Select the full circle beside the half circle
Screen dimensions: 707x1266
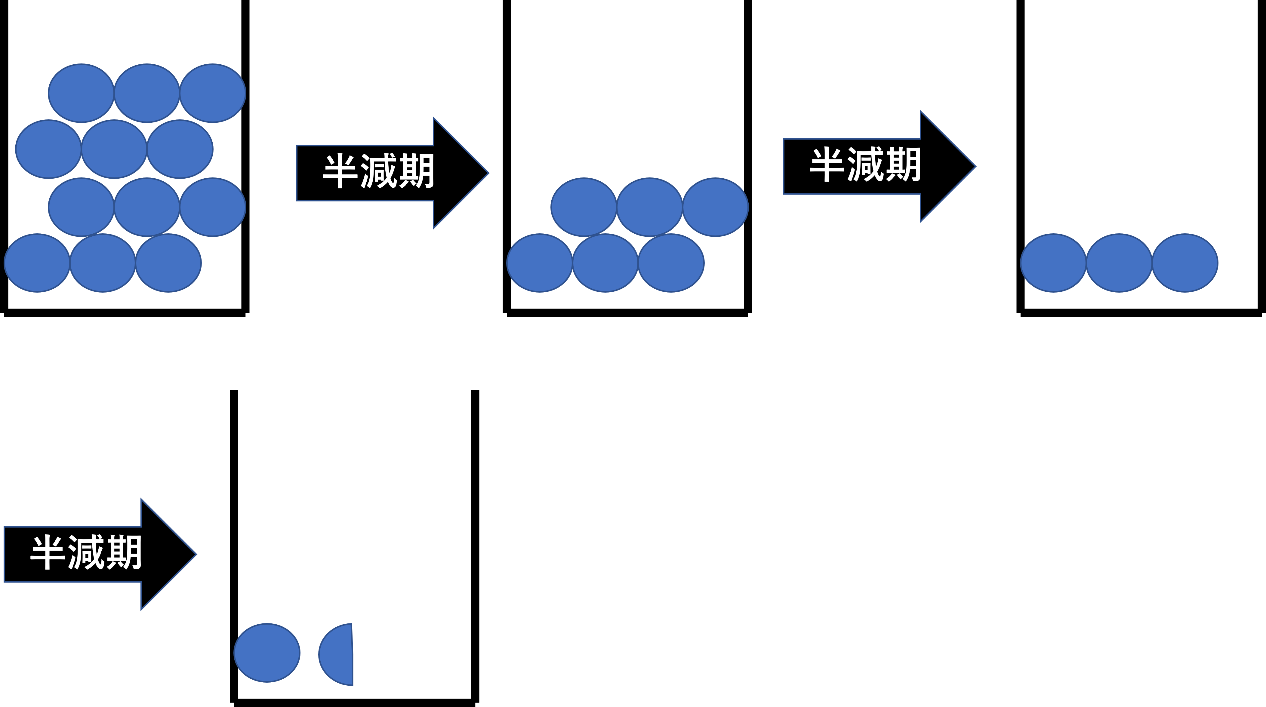(x=267, y=653)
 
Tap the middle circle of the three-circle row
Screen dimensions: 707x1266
(x=1119, y=263)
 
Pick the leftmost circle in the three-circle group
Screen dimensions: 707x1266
(x=1053, y=263)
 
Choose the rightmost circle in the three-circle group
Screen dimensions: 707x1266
(x=1185, y=263)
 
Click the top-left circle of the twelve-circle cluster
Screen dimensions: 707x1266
(x=81, y=93)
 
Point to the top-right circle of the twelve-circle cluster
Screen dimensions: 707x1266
(x=212, y=93)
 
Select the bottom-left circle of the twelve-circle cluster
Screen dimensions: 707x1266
(x=37, y=263)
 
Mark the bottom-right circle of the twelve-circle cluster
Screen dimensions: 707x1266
(x=168, y=263)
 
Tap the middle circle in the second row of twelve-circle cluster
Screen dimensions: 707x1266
(x=114, y=149)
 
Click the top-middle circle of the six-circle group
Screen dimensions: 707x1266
(x=649, y=207)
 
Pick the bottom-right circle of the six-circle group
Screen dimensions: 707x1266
(x=671, y=263)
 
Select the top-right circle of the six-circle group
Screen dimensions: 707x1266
(x=715, y=207)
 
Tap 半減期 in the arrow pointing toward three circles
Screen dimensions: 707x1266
(x=865, y=165)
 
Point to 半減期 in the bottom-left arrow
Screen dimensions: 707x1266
(x=86, y=553)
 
